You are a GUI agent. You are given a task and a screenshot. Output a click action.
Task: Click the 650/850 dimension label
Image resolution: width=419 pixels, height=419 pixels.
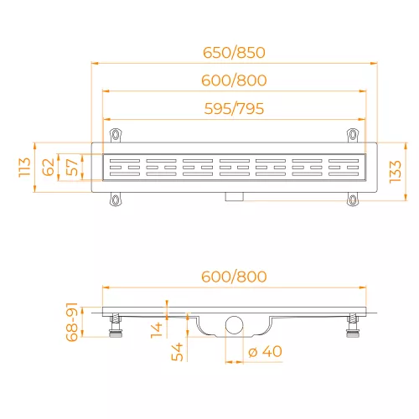click(x=234, y=53)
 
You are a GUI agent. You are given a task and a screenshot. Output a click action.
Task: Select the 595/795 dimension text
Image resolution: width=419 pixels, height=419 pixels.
click(x=234, y=109)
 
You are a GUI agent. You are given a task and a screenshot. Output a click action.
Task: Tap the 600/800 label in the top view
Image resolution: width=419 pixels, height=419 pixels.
click(x=234, y=80)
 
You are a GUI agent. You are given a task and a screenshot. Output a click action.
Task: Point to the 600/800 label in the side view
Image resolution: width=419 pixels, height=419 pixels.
click(x=234, y=277)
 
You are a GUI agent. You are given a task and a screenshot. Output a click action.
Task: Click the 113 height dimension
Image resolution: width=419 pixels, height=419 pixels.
click(x=24, y=167)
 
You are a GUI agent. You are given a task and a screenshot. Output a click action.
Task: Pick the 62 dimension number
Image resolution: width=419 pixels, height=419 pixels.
click(x=48, y=167)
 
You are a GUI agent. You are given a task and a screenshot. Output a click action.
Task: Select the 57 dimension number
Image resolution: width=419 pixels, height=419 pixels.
click(x=72, y=167)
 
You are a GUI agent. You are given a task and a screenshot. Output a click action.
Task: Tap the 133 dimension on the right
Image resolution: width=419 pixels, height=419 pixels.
click(x=396, y=172)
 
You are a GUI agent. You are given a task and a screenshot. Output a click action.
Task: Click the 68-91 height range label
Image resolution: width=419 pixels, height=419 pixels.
click(x=72, y=322)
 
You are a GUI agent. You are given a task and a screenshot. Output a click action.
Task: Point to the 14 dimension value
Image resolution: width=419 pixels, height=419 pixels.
click(x=157, y=330)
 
